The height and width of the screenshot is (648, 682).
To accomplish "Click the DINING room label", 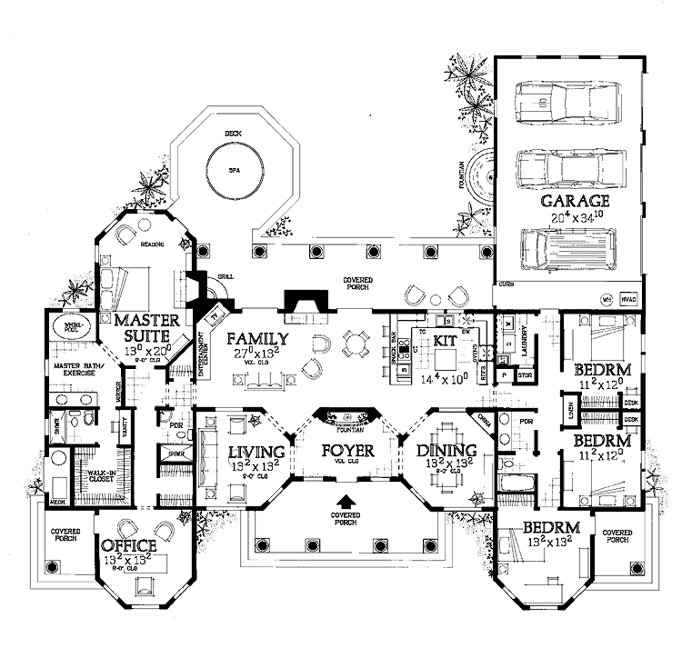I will [446, 450].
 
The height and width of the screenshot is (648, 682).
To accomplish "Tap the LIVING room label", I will [256, 452].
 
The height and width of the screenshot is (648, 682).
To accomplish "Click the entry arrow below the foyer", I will [346, 501].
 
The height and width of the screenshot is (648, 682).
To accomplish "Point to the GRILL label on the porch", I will [226, 277].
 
